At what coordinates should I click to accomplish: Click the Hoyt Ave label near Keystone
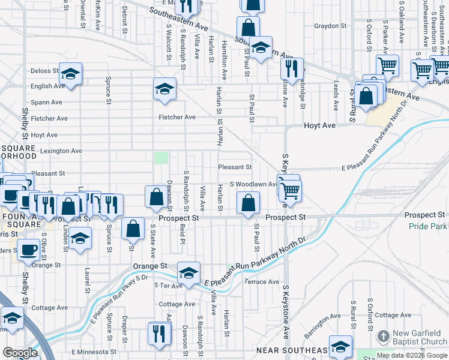coord(303,127)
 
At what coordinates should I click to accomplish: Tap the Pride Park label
coord(428,226)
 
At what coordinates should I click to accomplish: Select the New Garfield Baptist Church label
coord(420,338)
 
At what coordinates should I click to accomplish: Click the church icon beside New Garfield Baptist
coord(384,335)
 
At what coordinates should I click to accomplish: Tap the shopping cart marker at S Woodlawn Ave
coord(290,191)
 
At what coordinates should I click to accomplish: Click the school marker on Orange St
coord(189,274)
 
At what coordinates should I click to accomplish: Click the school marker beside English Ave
coord(70,74)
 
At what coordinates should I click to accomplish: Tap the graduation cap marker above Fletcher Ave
coord(164,89)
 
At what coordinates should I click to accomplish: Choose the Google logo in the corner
coord(20,353)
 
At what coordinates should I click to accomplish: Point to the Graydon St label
coord(331,26)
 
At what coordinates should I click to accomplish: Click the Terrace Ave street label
coord(262,281)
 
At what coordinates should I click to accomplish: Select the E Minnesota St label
coord(94,352)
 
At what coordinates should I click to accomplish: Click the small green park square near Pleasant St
coord(161,158)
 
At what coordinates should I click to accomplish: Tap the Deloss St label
coord(44,71)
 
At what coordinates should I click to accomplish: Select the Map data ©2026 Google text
coord(411,355)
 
